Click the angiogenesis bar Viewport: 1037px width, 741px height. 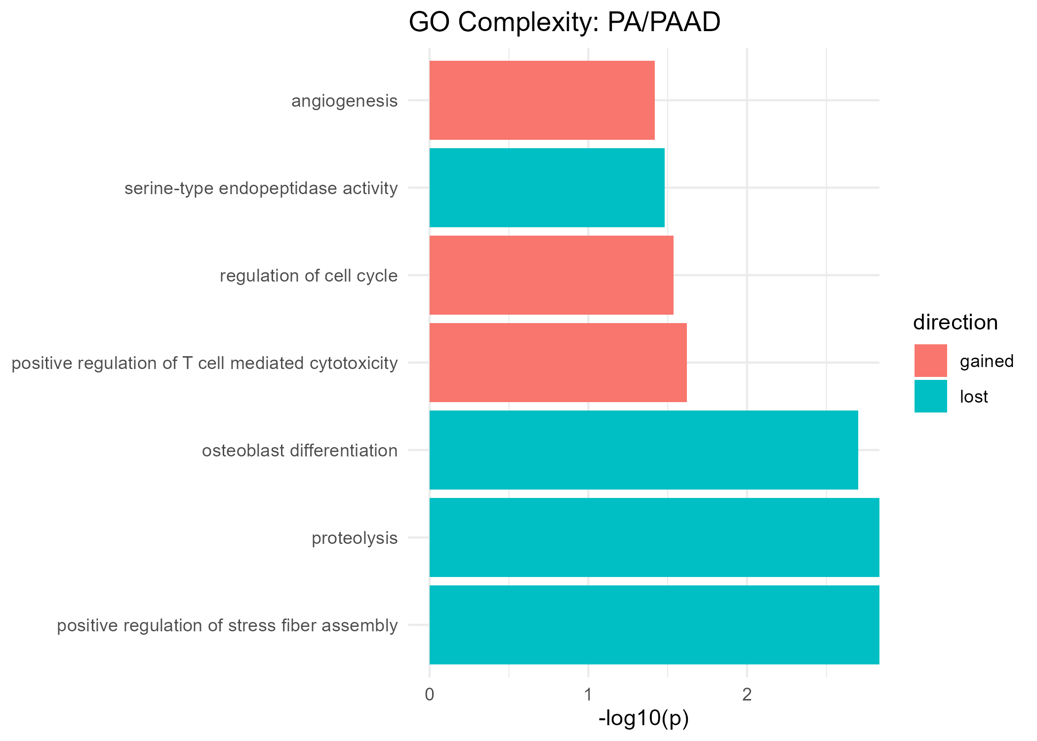point(542,100)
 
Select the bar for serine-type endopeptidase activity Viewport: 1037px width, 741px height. point(547,188)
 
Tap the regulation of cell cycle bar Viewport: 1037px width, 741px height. point(551,275)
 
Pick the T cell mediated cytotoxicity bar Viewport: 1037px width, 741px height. point(558,363)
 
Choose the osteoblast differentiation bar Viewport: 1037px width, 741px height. point(643,450)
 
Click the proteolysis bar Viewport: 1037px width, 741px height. point(654,537)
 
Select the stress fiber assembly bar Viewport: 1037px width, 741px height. point(654,625)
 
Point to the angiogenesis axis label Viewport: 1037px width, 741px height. point(344,101)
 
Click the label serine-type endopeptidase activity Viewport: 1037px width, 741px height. point(261,188)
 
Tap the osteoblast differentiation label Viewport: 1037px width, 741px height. point(300,451)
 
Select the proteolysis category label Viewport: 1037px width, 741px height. point(355,538)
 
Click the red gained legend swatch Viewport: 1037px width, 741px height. point(930,361)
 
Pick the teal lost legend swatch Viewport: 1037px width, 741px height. point(930,396)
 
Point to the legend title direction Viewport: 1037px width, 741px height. point(955,323)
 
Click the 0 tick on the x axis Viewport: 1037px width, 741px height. point(429,695)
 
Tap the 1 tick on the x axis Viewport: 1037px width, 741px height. point(588,695)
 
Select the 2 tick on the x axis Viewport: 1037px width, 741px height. point(747,695)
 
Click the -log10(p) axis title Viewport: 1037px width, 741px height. point(643,719)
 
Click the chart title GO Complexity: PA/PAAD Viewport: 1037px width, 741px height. point(564,23)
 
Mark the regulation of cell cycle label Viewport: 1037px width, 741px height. point(309,276)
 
